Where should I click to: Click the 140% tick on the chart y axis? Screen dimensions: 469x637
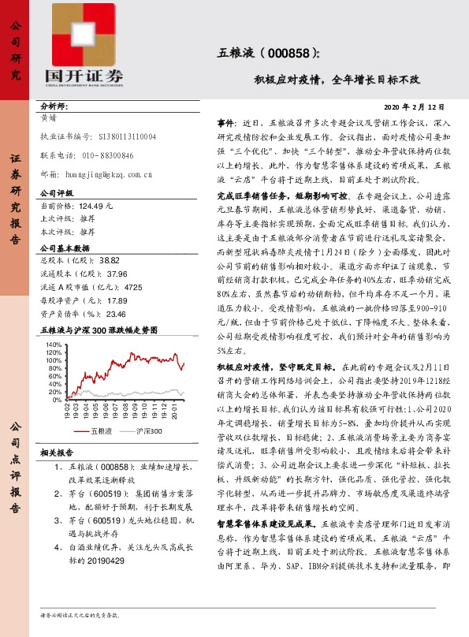54,345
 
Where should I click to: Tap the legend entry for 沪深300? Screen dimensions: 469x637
148,431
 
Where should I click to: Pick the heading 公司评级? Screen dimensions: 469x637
57,192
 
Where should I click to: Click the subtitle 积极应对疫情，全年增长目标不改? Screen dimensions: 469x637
337,80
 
